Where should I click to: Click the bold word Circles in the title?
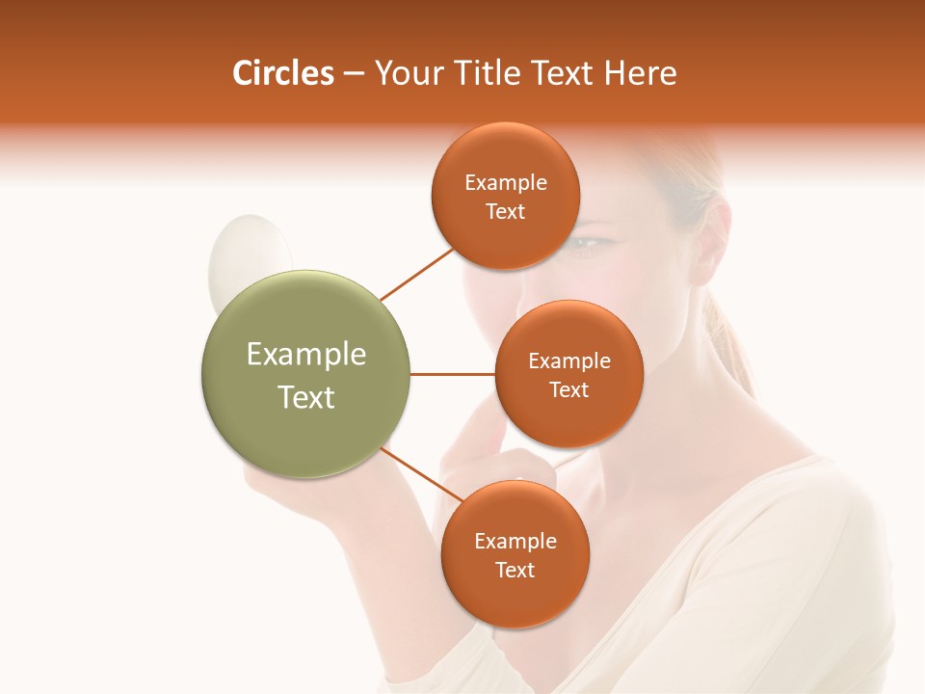(283, 73)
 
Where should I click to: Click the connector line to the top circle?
(416, 274)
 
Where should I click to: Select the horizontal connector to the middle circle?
(452, 374)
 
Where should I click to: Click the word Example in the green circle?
(306, 355)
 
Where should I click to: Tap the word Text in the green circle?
(306, 397)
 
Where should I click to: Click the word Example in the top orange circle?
(506, 183)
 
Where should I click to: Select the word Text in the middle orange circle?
(568, 389)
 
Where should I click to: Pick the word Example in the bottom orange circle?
(515, 542)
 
